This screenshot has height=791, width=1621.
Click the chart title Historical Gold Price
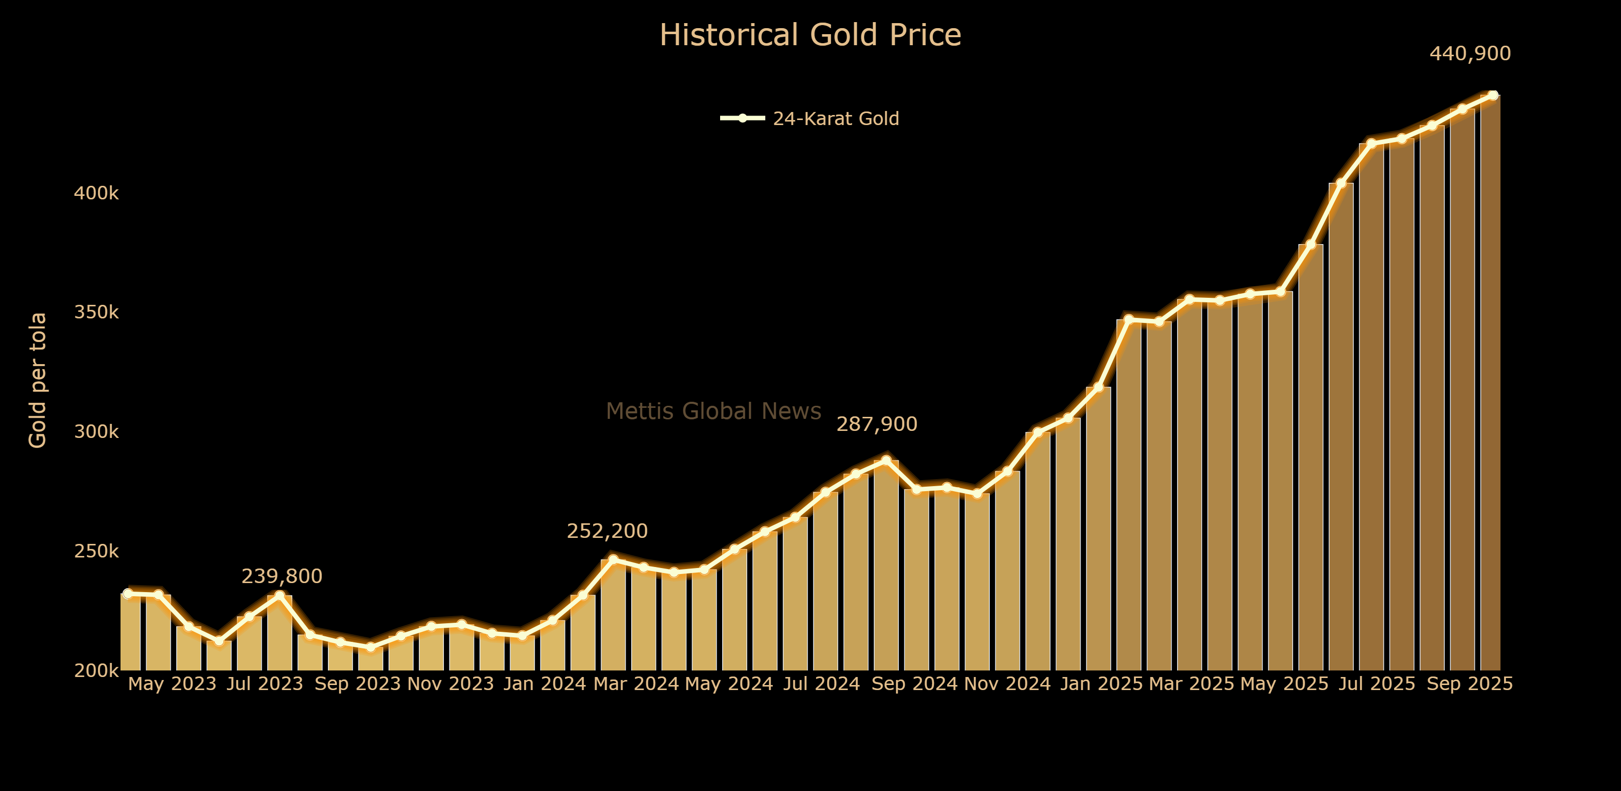click(x=810, y=35)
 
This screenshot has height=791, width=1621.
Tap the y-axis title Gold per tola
click(x=38, y=380)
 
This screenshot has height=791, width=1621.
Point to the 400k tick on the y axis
click(x=96, y=193)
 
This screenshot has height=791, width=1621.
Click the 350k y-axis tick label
click(x=96, y=312)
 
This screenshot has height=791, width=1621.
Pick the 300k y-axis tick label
click(x=96, y=432)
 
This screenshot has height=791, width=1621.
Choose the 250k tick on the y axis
click(x=96, y=551)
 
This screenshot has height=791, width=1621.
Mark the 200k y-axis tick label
click(x=96, y=671)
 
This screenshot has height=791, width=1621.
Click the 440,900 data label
click(x=1470, y=54)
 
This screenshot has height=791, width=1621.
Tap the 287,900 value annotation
click(x=877, y=424)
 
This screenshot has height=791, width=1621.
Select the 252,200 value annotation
click(x=607, y=531)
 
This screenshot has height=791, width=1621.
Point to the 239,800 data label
click(x=282, y=577)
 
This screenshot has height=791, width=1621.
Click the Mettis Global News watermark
click(x=714, y=411)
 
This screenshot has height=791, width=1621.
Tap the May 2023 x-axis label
click(x=172, y=684)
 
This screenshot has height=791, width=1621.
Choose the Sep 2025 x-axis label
click(x=1469, y=684)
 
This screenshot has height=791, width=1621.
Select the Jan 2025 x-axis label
click(x=1101, y=684)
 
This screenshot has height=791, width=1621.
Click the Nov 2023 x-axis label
click(x=450, y=684)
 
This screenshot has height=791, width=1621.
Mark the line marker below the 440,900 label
click(x=1492, y=95)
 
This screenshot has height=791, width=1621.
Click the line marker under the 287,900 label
click(x=886, y=460)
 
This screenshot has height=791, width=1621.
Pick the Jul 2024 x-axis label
click(x=821, y=684)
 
